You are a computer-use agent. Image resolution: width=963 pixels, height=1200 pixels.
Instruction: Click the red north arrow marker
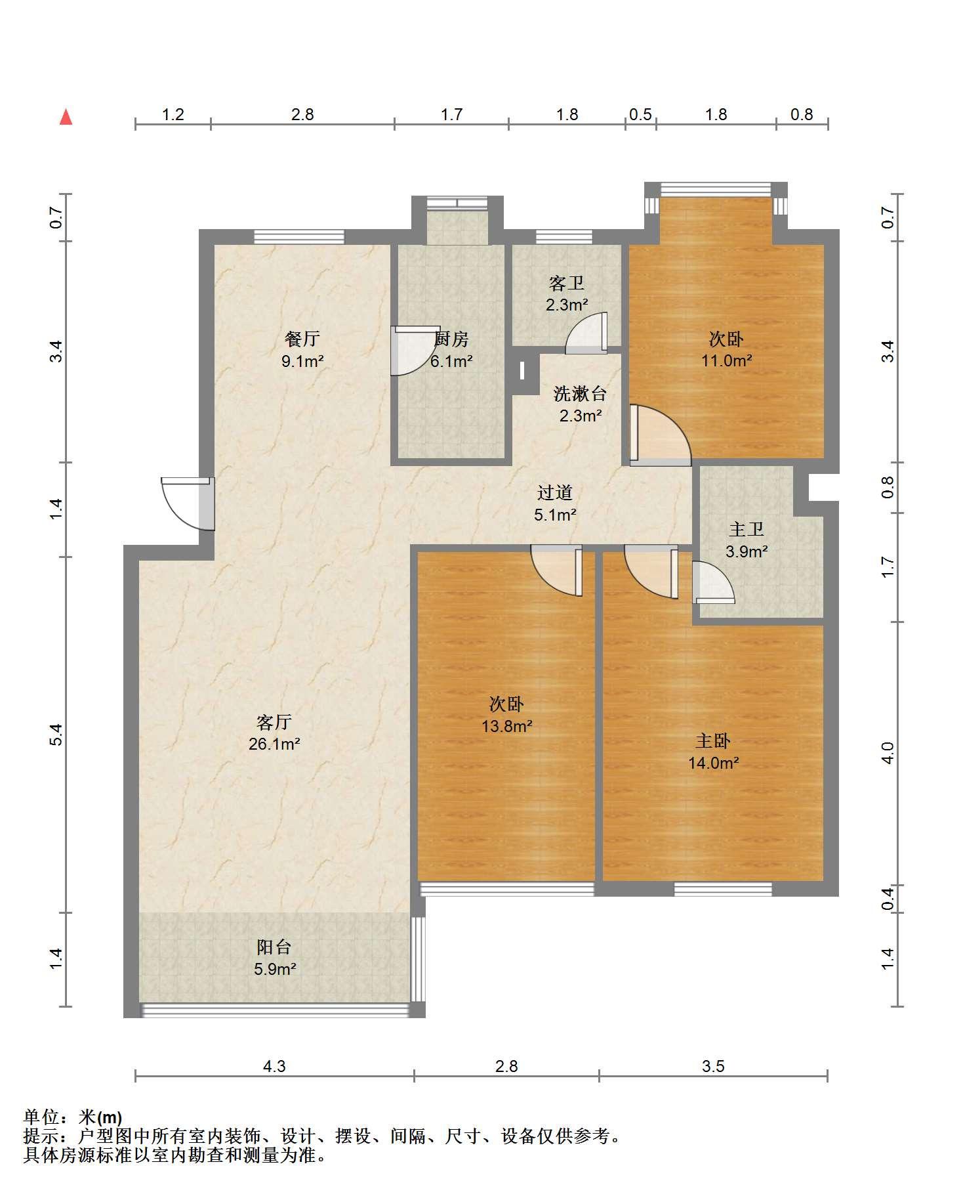pos(66,118)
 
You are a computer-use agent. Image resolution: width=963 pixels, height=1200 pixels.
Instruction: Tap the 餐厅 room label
pos(302,339)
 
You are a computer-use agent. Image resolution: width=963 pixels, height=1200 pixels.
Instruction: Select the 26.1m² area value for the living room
pos(274,744)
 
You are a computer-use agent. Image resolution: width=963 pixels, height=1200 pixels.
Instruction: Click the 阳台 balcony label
pos(274,947)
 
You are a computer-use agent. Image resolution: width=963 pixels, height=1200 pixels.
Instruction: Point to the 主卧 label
pos(713,740)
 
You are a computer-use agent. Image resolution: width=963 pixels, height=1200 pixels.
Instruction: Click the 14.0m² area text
pos(714,763)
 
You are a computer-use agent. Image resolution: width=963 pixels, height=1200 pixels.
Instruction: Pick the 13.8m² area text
pos(506,726)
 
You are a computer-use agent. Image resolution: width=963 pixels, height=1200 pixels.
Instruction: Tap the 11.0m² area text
pos(726,360)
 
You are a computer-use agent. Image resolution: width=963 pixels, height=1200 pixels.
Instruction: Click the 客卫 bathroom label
pos(566,283)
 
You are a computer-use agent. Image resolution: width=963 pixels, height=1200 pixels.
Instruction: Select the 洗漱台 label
pos(581,393)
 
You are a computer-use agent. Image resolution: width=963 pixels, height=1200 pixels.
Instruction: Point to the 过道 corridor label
pos(555,492)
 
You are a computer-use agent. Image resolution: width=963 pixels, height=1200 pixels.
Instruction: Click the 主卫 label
pos(747,529)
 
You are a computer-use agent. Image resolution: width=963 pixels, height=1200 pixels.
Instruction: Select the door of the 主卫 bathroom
pos(713,582)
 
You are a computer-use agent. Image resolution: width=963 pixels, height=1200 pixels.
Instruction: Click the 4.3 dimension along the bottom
pos(274,1066)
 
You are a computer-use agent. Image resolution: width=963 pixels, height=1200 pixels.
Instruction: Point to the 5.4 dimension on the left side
pos(56,734)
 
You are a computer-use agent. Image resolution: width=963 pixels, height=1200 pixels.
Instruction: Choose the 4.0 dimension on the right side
pos(888,753)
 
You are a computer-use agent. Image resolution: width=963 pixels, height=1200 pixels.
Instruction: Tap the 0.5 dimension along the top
pos(640,114)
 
